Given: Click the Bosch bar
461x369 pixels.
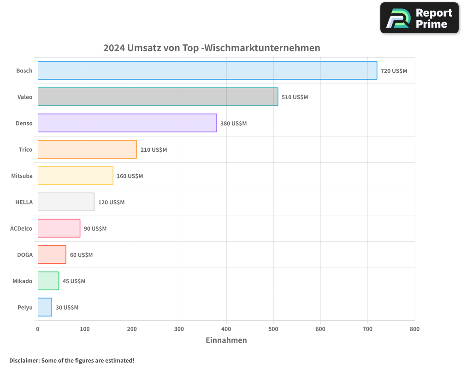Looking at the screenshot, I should (x=207, y=71).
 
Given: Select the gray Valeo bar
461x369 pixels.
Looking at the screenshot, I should (x=158, y=97).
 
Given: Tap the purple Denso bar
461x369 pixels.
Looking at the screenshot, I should (x=127, y=123).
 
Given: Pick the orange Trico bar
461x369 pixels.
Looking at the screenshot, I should (x=87, y=149).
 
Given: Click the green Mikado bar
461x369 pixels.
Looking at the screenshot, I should (x=48, y=281).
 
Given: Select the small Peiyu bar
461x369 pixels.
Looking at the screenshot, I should (x=45, y=307).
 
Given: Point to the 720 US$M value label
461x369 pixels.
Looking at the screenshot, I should (x=394, y=71).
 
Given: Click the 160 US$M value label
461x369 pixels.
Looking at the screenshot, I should (x=130, y=176).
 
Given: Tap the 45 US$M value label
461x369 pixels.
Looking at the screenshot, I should (x=74, y=281).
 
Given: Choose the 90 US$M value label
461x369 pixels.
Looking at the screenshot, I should (x=95, y=229).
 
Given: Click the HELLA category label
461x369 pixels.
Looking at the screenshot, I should (x=24, y=202).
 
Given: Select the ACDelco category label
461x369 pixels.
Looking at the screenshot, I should (x=21, y=228).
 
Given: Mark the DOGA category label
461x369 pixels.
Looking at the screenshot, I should (x=25, y=255).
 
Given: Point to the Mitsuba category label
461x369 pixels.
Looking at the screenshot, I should (x=22, y=176).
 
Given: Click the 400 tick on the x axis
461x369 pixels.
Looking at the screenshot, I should (x=226, y=329).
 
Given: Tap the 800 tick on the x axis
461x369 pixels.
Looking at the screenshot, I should (x=414, y=329).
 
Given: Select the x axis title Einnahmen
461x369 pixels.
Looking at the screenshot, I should (x=226, y=340).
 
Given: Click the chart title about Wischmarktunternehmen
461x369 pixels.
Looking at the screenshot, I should (x=212, y=48).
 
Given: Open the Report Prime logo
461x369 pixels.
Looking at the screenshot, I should (x=419, y=18).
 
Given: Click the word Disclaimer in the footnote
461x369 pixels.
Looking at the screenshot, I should (x=24, y=361).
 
